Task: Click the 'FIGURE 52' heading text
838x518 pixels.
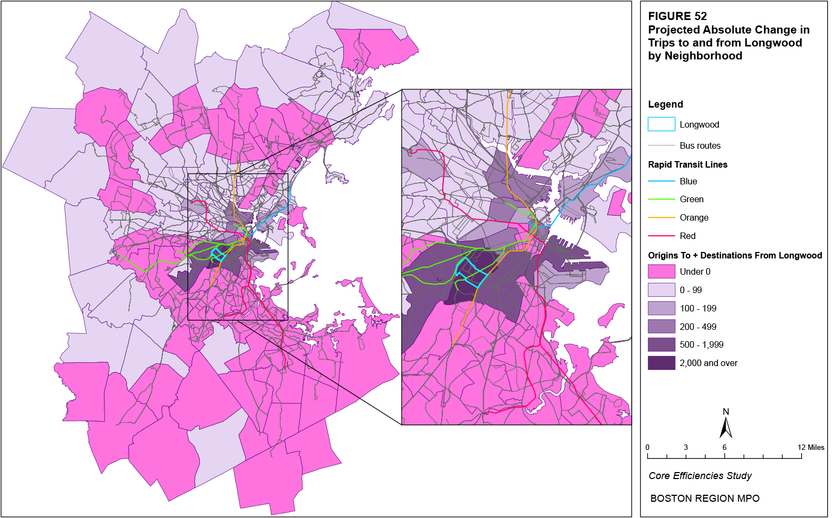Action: tap(677, 16)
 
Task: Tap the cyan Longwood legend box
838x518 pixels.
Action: tap(662, 124)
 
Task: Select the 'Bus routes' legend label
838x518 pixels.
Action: tap(700, 145)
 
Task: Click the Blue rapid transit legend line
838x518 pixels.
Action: tap(662, 181)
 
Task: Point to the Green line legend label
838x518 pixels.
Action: tap(691, 199)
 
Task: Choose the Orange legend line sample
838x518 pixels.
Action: tap(662, 217)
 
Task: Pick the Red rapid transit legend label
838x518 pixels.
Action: tap(688, 236)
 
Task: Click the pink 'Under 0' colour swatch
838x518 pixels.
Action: tap(662, 271)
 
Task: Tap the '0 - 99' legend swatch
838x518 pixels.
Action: tap(662, 290)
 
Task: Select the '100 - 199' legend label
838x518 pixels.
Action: tap(698, 308)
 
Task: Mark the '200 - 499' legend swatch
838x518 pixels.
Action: tap(662, 327)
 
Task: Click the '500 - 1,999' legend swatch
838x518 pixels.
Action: tap(662, 344)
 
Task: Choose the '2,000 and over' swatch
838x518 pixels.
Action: tap(662, 363)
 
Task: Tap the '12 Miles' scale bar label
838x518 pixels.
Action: tap(811, 447)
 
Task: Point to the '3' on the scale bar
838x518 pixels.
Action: tap(686, 447)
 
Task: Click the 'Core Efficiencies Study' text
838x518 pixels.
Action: tap(700, 476)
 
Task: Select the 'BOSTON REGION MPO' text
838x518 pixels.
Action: tap(705, 499)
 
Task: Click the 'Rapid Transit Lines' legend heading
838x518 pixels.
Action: tap(688, 164)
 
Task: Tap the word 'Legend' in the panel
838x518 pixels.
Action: tap(665, 104)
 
